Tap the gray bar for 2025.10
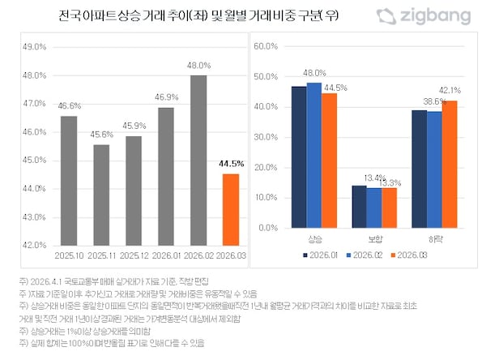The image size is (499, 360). [69, 180]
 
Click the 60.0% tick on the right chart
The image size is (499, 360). [267, 47]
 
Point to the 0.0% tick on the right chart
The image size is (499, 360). [271, 228]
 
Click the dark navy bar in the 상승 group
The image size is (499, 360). [299, 156]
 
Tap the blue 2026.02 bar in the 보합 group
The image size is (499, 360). [373, 208]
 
